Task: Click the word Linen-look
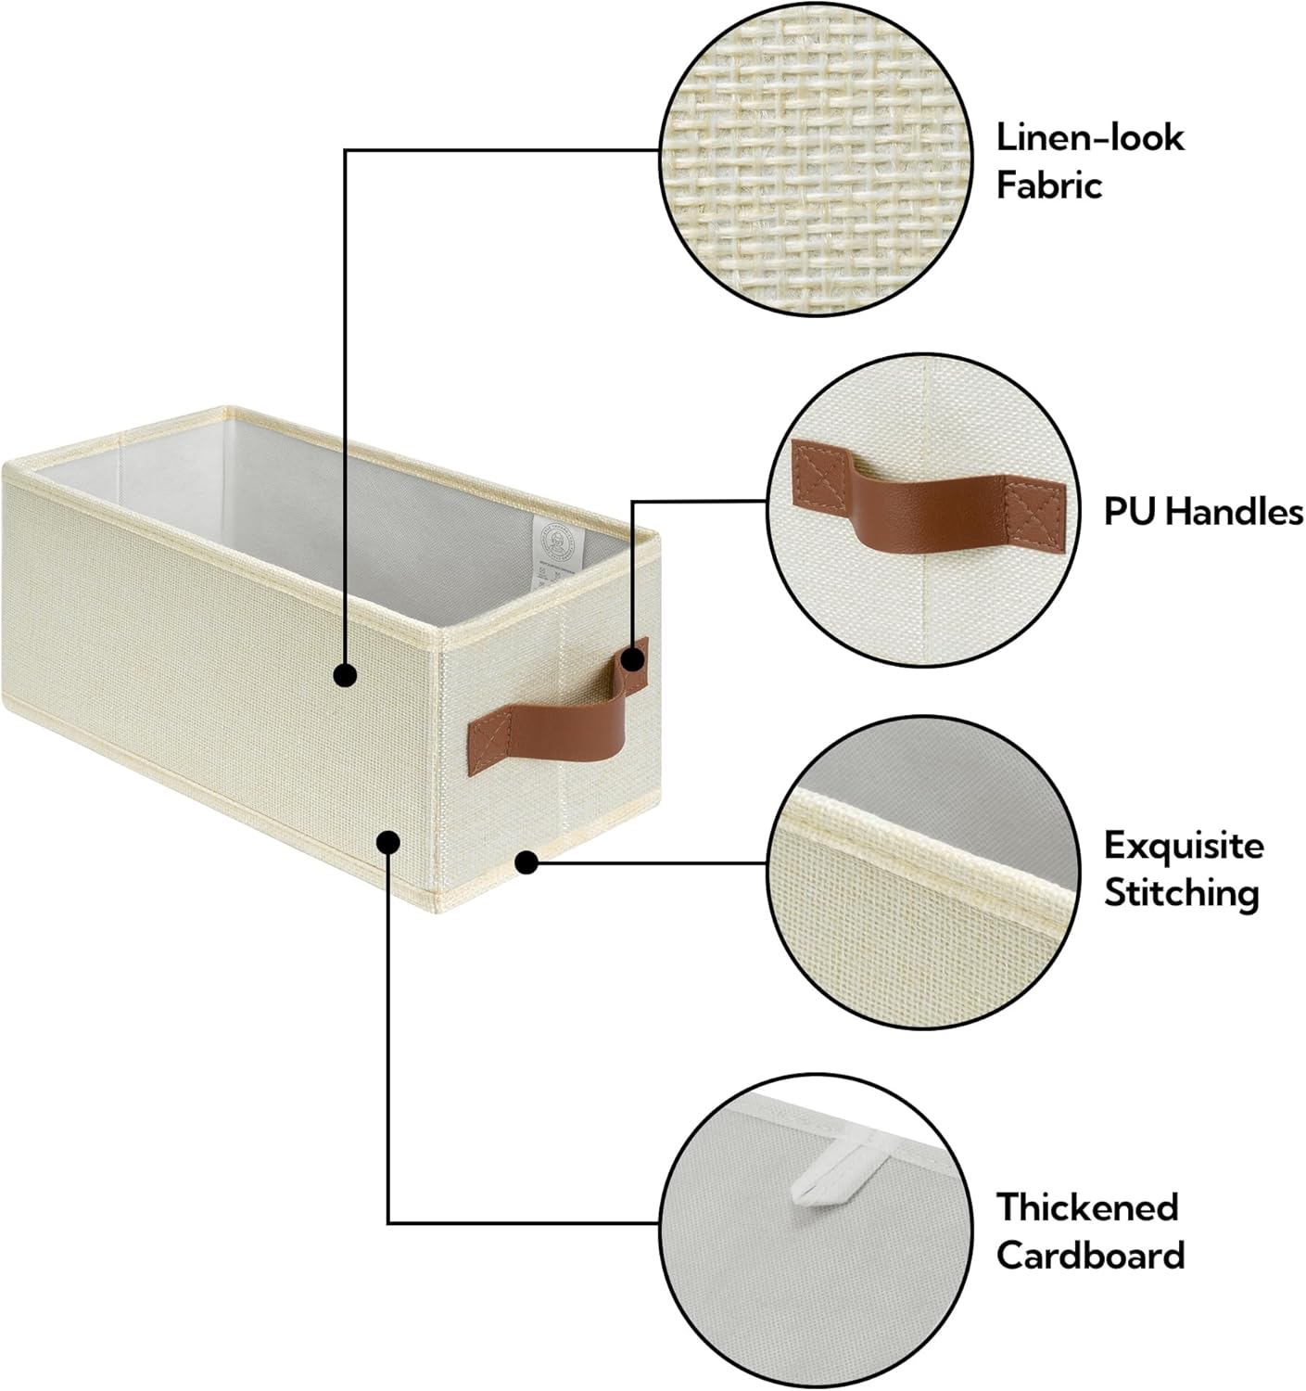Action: click(1090, 137)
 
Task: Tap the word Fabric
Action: click(1048, 185)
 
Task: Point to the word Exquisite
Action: click(1184, 846)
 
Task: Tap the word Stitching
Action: click(1181, 894)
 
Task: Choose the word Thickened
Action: click(1087, 1207)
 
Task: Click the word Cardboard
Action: click(1090, 1256)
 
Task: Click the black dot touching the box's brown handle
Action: click(633, 660)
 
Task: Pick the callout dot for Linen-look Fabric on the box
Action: click(345, 675)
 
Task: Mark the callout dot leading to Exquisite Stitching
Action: click(526, 863)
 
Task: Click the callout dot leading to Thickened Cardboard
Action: click(388, 842)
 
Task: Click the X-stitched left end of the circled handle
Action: click(817, 472)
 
